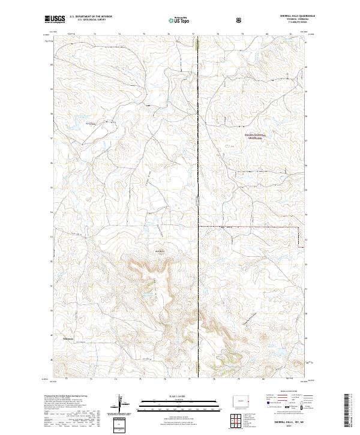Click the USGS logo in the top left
tap(55, 19)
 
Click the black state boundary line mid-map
tap(199, 180)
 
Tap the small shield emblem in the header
tap(240, 20)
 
